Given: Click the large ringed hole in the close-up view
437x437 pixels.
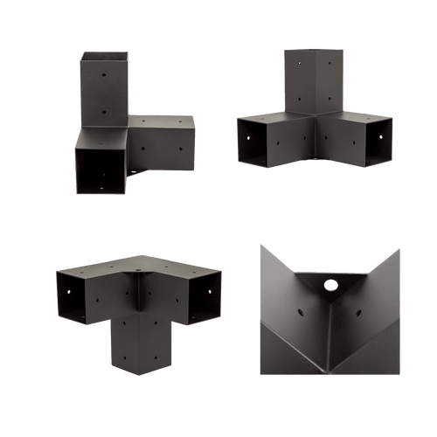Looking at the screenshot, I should (x=329, y=285).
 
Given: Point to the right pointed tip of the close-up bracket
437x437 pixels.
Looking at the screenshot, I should (x=399, y=249).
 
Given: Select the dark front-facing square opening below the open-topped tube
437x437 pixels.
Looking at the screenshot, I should (x=101, y=169).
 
